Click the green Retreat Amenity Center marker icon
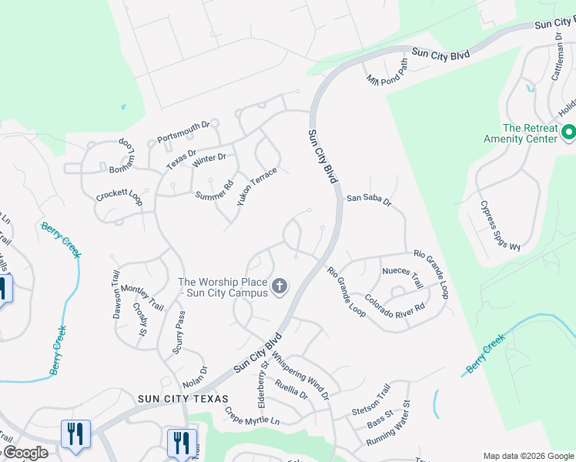click(x=569, y=132)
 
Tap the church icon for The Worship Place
click(x=280, y=287)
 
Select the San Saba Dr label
click(x=369, y=198)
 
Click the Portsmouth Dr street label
click(x=183, y=132)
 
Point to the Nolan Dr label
click(x=195, y=377)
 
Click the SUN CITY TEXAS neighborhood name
click(x=183, y=398)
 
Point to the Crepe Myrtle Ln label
click(x=252, y=417)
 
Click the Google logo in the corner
click(x=25, y=453)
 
